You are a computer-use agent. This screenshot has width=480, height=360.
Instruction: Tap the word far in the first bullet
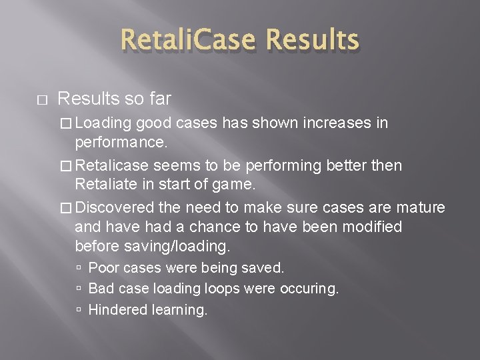coord(159,99)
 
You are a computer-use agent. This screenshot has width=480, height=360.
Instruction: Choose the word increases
coord(339,123)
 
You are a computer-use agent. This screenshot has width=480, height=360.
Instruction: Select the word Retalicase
coord(124,165)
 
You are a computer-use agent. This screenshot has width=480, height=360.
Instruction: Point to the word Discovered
coord(122,208)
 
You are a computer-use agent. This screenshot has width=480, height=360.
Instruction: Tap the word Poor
coord(103,268)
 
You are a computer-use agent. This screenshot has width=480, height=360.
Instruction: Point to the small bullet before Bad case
coord(79,289)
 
